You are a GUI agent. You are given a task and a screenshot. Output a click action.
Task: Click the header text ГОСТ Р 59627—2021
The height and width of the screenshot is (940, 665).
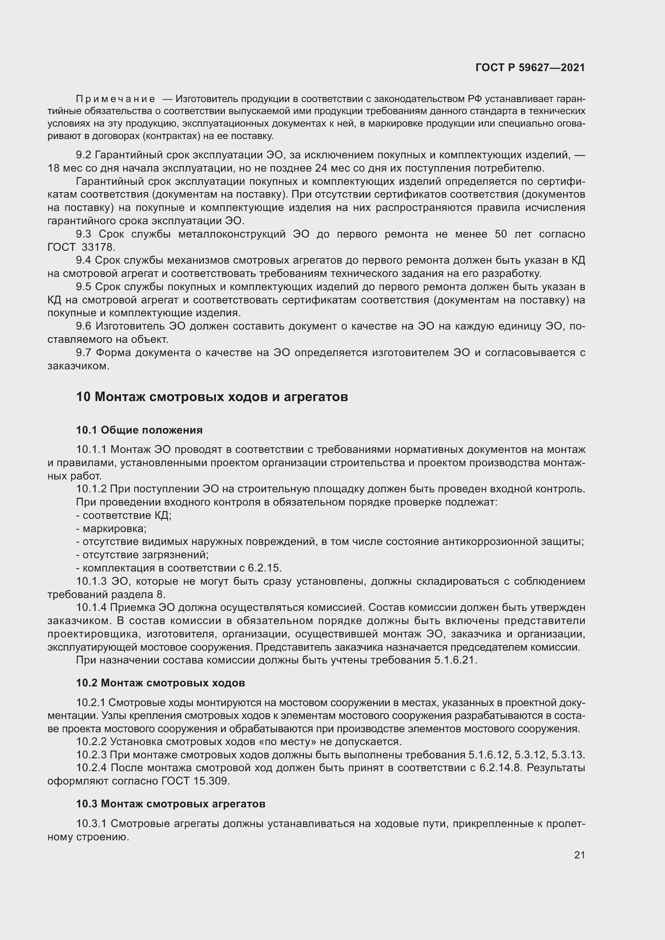click(530, 68)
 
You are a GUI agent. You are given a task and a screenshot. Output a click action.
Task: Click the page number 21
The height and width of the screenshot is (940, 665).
click(579, 855)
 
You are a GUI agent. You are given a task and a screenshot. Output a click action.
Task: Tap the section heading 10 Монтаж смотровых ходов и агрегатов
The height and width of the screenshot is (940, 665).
click(212, 397)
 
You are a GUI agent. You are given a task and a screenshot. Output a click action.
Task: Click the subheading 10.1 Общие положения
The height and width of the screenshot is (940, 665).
click(139, 430)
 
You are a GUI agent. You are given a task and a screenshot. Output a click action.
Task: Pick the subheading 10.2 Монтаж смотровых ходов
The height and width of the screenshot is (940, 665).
click(160, 683)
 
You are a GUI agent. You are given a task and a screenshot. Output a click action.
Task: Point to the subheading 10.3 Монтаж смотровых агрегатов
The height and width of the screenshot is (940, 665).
click(170, 804)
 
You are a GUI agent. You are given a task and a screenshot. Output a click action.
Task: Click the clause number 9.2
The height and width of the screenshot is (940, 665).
click(84, 155)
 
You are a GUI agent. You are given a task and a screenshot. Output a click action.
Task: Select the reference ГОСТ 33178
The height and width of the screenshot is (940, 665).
click(82, 247)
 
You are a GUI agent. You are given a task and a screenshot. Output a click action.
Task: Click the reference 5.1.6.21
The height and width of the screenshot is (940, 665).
click(456, 660)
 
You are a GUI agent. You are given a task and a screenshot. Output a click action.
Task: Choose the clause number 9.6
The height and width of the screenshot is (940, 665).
click(84, 326)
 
